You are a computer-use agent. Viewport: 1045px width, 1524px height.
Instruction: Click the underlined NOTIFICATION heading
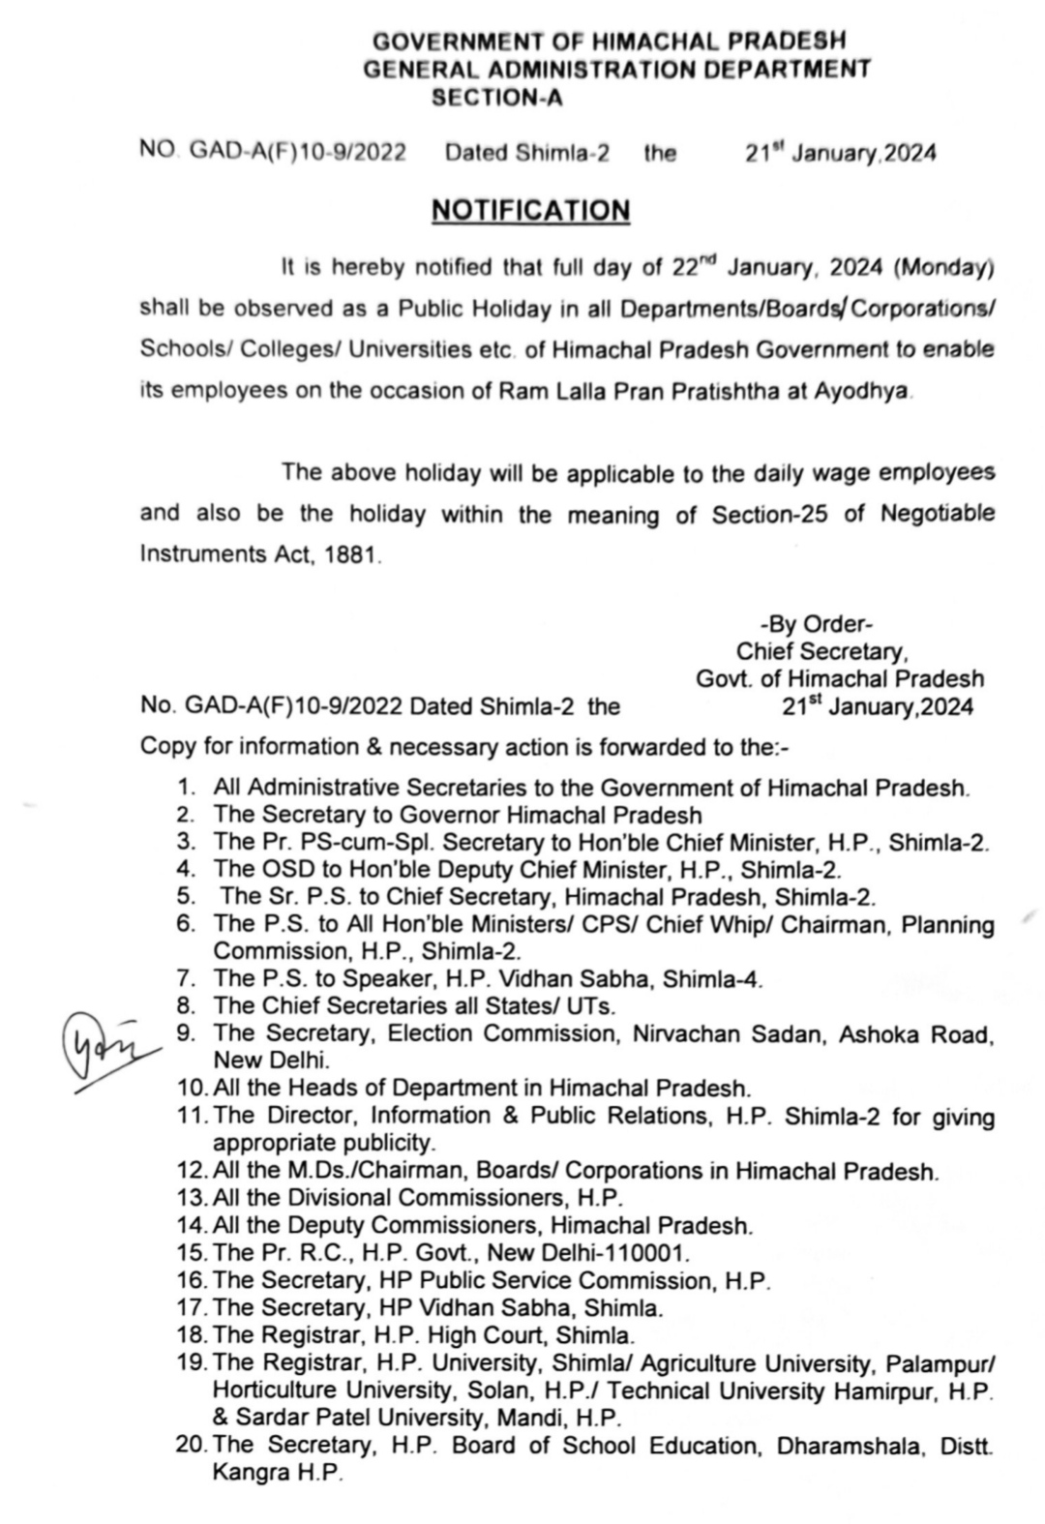(530, 211)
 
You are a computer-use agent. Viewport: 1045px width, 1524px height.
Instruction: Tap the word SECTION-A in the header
(495, 98)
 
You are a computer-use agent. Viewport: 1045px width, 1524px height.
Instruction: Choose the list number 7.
(186, 979)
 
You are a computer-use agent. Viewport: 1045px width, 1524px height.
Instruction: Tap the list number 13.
(192, 1198)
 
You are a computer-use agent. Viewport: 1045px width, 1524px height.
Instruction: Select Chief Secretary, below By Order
(822, 651)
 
